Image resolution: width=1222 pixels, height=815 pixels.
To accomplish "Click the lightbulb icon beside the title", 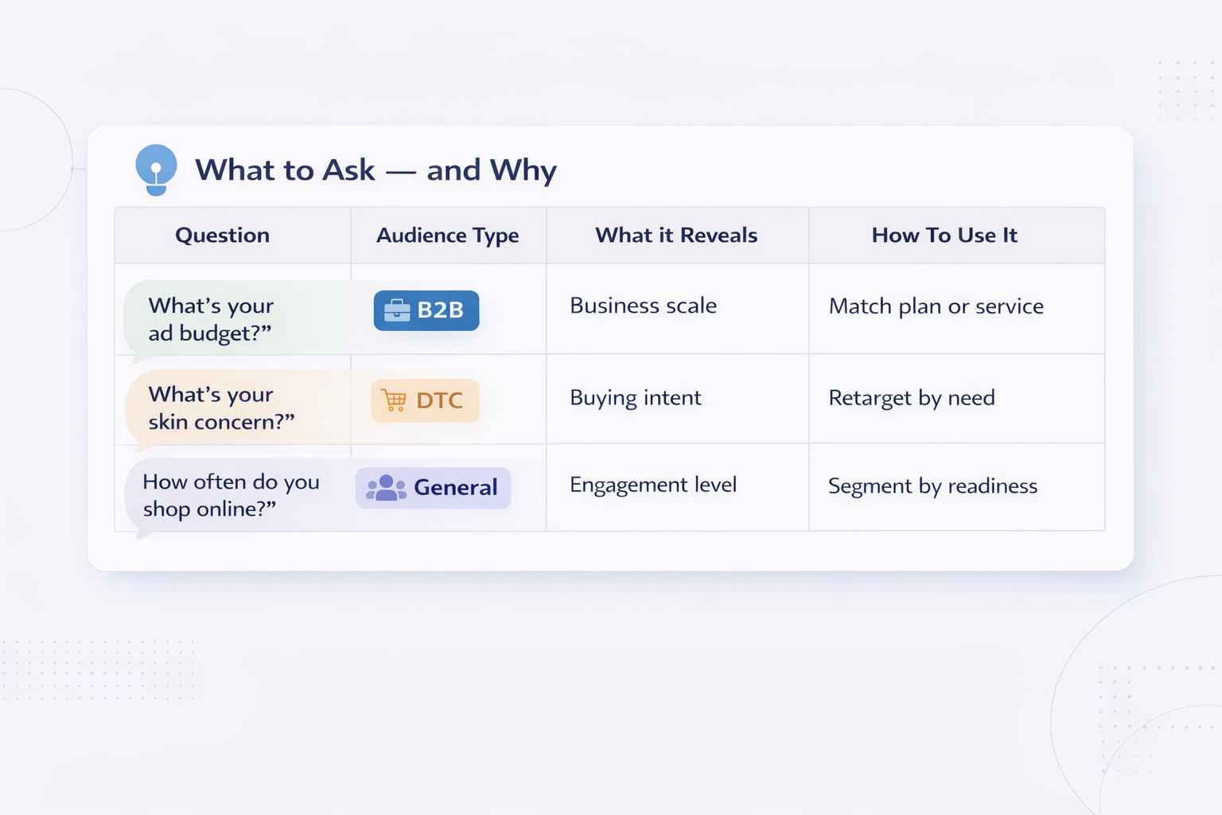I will (156, 169).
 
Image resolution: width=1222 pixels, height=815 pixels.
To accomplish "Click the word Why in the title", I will (523, 170).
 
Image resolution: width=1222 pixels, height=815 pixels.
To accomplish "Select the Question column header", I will (222, 236).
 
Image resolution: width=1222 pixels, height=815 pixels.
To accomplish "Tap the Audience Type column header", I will (447, 236).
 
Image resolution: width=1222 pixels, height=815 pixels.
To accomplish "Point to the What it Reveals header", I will (676, 236).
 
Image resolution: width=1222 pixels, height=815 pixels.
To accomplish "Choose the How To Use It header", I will (944, 236).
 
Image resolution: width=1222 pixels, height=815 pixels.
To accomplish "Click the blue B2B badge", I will (426, 310).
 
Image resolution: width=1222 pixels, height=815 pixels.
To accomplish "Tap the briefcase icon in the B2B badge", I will (396, 310).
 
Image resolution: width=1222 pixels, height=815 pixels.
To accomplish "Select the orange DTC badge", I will (425, 400).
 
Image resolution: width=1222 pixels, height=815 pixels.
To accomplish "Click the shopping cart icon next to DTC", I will (394, 400).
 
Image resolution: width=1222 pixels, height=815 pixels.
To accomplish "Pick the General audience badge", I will (433, 487).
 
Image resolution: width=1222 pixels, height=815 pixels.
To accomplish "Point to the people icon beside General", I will (386, 487).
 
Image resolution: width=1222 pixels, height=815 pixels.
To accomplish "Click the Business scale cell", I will (643, 306).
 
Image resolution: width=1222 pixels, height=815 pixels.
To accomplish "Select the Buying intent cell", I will (635, 398).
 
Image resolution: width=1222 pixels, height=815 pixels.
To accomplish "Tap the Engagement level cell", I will (652, 485).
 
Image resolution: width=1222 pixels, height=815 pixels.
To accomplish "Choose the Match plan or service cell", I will (936, 306).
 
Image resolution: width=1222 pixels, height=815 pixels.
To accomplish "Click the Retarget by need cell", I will (911, 398).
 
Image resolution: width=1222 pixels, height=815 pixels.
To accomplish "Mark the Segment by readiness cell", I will (932, 486).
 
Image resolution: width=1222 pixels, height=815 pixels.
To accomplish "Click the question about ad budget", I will (211, 319).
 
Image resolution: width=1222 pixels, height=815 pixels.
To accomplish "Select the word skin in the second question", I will (168, 422).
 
